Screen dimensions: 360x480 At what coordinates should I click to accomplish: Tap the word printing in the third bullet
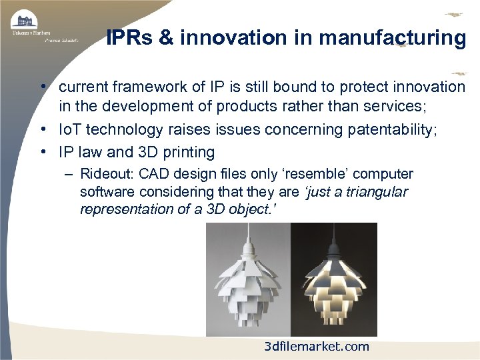[187, 153]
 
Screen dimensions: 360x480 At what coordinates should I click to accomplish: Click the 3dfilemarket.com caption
[316, 346]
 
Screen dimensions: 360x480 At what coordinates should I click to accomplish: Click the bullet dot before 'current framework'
[42, 87]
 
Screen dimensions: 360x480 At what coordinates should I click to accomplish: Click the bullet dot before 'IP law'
[42, 153]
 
